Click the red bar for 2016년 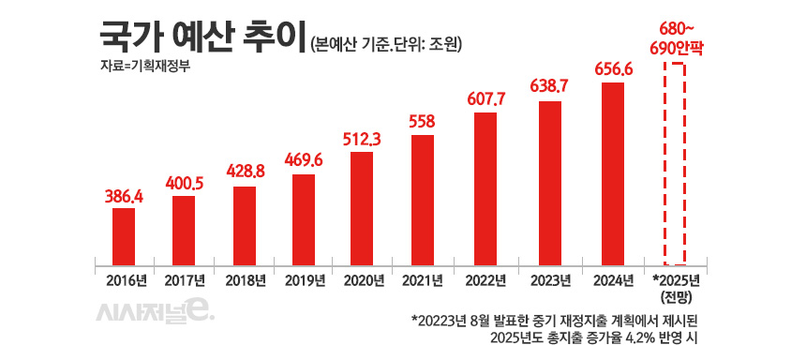pos(124,235)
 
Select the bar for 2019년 pos(304,218)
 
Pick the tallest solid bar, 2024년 pos(612,173)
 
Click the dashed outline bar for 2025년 pos(675,164)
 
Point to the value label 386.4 pos(124,197)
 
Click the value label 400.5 pos(184,185)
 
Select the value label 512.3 pos(363,140)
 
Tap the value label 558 pos(423,122)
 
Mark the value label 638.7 pos(551,86)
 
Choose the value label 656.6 pos(612,69)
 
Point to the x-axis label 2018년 pos(244,280)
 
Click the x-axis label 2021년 pos(423,280)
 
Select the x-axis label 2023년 pos(551,280)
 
